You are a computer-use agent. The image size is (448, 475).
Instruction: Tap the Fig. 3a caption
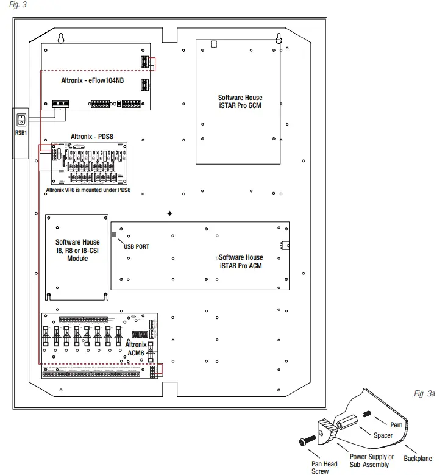click(x=425, y=395)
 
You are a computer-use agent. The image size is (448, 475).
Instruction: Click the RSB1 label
click(x=21, y=132)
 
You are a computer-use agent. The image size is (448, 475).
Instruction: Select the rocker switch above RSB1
click(x=21, y=120)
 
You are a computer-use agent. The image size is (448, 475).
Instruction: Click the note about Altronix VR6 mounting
click(x=88, y=190)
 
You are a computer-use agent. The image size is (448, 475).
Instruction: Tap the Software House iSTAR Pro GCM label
click(x=240, y=102)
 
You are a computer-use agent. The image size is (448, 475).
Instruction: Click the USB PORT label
click(x=137, y=246)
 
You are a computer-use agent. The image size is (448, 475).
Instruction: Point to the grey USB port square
click(x=113, y=234)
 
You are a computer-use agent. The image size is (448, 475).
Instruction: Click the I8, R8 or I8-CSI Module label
click(x=77, y=250)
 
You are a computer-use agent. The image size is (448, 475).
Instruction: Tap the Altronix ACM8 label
click(x=137, y=349)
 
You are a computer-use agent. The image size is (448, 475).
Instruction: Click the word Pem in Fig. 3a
click(x=396, y=424)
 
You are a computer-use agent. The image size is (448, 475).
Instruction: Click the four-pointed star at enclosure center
click(x=170, y=213)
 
